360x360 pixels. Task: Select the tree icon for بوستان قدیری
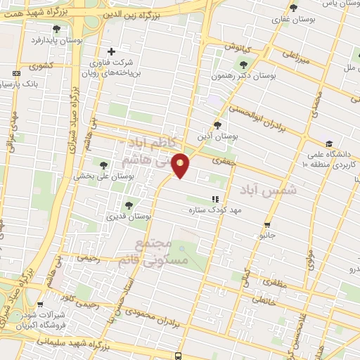(128, 205)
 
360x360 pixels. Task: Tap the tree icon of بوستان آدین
(217, 124)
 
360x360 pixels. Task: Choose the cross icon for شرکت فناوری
(111, 51)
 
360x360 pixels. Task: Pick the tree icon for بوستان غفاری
(293, 8)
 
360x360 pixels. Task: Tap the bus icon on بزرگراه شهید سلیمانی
(178, 356)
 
